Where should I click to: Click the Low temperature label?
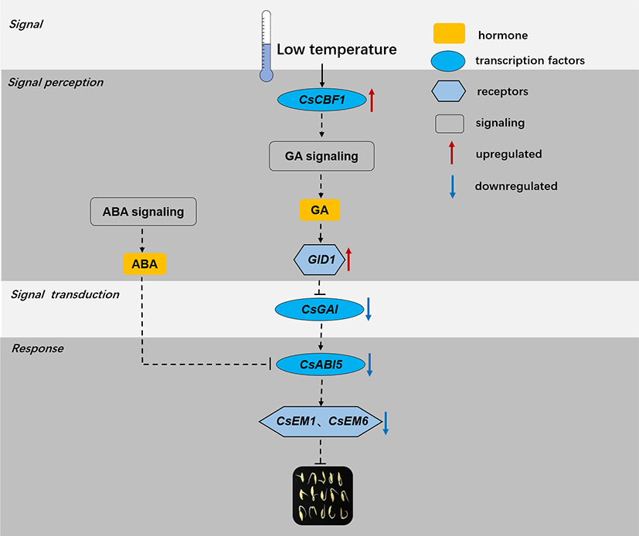pos(337,49)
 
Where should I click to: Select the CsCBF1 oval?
pos(321,100)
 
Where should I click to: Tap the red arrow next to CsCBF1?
pos(372,100)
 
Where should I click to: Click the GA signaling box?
pos(321,156)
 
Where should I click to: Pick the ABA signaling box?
pos(143,212)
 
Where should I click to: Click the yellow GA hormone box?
pos(320,210)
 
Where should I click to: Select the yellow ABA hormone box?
pos(144,264)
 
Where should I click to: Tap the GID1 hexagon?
pos(319,260)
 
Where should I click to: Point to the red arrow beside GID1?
pos(349,259)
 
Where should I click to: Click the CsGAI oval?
pos(319,309)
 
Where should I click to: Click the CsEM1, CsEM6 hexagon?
pos(318,422)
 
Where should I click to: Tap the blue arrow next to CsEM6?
pos(385,422)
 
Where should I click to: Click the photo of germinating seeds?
pos(322,496)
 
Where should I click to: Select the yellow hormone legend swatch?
pos(448,34)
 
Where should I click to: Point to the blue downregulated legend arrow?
pos(453,186)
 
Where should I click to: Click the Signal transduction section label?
pos(65,294)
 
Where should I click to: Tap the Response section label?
pos(37,348)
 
